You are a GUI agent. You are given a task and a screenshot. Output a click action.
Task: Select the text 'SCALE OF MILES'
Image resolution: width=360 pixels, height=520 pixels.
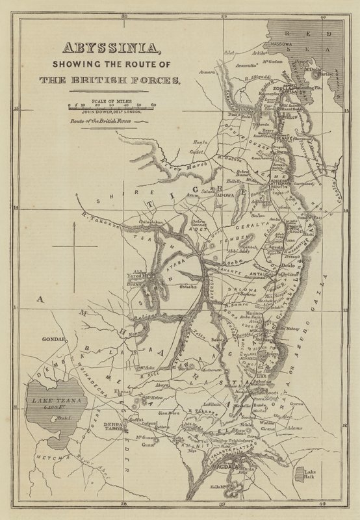[x=109, y=101]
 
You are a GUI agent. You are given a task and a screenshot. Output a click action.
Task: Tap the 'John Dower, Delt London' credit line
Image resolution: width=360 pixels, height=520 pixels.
[x=109, y=112]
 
